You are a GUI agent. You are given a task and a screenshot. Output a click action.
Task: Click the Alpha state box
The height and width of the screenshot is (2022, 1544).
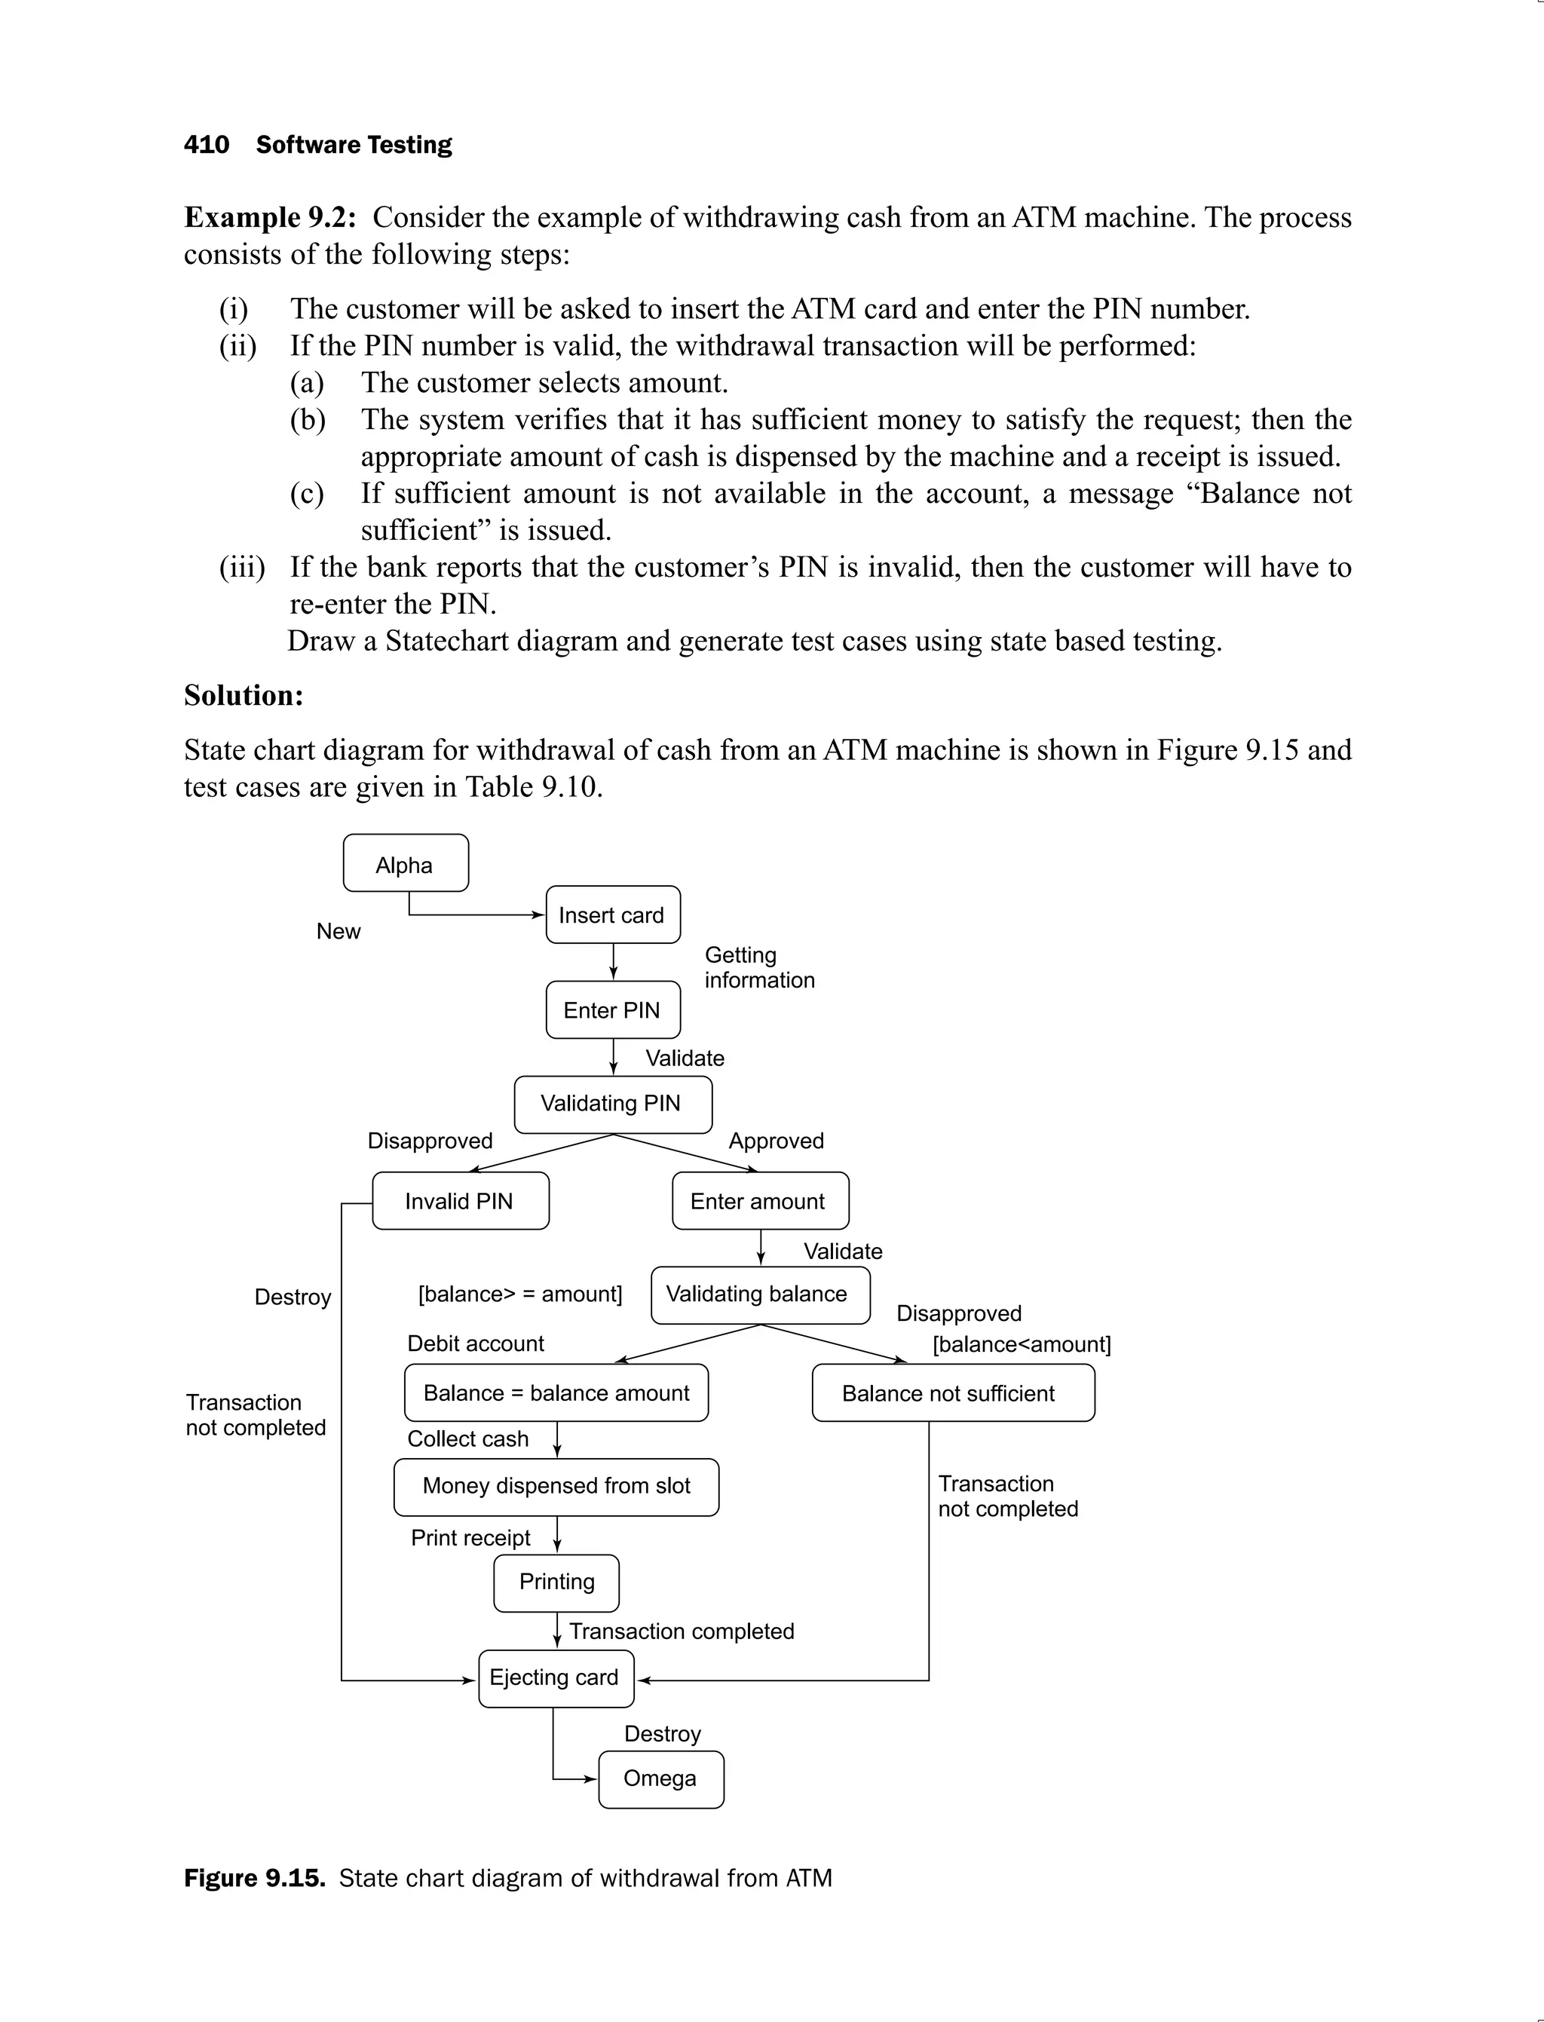406,863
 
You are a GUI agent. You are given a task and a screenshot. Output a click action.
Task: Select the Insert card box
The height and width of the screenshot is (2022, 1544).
613,914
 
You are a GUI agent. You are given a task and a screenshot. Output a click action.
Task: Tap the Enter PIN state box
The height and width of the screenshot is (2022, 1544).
613,1010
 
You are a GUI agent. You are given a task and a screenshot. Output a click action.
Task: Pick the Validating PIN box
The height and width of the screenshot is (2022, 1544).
613,1104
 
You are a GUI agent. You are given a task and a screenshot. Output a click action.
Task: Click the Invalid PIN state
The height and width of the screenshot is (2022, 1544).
461,1200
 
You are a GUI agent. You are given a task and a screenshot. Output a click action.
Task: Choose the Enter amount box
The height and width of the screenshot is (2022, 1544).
760,1200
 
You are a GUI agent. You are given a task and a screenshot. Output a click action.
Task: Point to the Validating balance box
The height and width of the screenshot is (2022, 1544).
760,1295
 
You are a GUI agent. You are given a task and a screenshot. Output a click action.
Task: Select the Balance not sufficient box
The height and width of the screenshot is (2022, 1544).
953,1392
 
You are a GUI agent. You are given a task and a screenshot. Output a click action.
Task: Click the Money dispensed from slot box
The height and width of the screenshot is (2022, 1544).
556,1486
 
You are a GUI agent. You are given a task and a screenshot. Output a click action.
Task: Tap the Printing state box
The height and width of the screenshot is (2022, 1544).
556,1582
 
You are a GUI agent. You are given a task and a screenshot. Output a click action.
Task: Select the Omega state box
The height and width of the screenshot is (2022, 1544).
660,1778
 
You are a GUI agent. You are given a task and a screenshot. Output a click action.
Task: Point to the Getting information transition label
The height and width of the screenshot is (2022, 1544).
759,968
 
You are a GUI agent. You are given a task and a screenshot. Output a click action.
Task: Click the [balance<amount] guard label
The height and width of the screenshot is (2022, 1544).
1021,1345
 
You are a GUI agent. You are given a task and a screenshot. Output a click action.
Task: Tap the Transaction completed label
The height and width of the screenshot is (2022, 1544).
681,1631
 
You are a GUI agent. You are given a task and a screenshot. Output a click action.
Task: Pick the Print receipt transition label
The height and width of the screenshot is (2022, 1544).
470,1538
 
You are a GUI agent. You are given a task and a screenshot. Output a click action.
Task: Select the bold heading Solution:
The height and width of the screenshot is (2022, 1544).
244,695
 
